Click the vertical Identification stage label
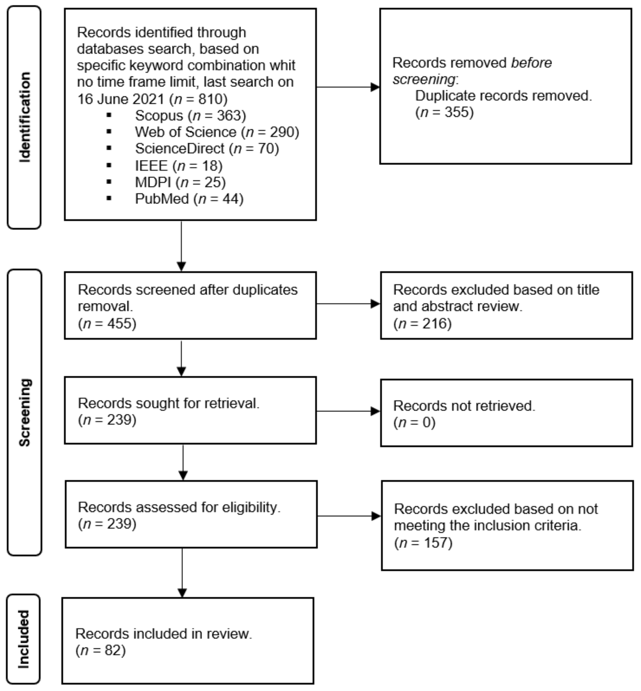point(25,117)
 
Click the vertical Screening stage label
point(25,412)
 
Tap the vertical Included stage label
point(24,639)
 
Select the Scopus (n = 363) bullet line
point(190,116)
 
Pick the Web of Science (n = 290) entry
point(217,132)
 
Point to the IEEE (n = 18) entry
point(178,166)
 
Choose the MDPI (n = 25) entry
point(180,182)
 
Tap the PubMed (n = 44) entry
point(189,199)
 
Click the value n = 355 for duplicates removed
point(444,112)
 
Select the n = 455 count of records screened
point(107,324)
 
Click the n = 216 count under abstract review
point(423,324)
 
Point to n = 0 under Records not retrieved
point(414,422)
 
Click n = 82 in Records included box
point(101,650)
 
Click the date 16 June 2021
point(121,99)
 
